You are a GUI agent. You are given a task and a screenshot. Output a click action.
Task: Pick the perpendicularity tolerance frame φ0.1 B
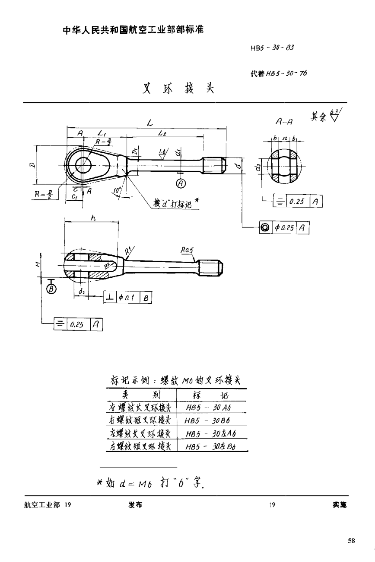(x=127, y=297)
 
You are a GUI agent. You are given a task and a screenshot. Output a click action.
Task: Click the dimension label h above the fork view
(x=93, y=219)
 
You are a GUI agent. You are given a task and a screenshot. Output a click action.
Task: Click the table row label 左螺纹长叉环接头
(x=140, y=434)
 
